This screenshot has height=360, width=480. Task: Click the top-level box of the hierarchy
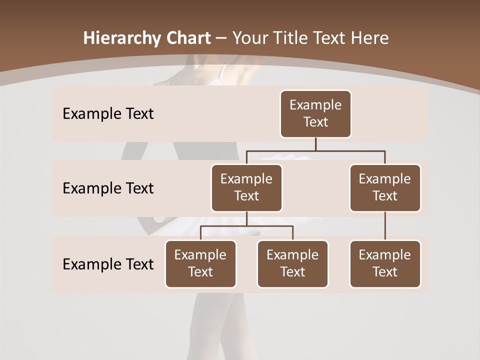[315, 114]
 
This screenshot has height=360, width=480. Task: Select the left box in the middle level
[246, 188]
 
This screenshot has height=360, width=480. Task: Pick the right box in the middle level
[385, 188]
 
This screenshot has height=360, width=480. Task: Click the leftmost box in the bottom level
[200, 264]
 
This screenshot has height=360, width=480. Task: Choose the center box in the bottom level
[292, 264]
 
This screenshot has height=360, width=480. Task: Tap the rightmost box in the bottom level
[385, 264]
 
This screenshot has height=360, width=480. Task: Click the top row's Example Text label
[108, 114]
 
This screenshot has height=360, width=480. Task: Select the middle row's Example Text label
[108, 188]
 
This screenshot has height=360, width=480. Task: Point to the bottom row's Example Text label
[108, 264]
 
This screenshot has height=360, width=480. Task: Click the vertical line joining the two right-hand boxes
[385, 226]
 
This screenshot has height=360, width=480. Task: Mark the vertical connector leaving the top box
[315, 144]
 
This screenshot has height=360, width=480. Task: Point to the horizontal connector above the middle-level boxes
[315, 150]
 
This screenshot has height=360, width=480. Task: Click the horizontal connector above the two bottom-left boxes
[246, 226]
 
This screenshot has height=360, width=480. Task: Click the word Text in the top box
[315, 122]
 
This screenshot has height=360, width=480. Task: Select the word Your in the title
[249, 38]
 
